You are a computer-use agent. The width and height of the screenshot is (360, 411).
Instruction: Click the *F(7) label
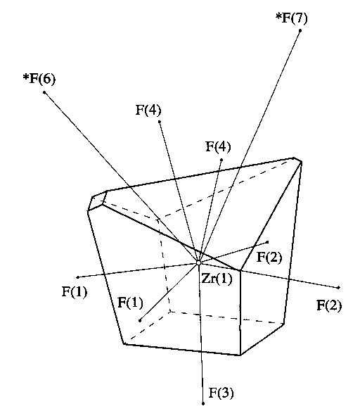tap(292, 18)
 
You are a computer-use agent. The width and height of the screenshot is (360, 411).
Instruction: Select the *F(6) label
tap(39, 79)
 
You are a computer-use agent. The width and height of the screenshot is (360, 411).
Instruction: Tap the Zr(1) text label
tap(217, 279)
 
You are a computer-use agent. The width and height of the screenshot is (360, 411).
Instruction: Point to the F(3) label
tap(221, 393)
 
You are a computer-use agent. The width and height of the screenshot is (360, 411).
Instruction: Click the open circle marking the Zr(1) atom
tap(198, 263)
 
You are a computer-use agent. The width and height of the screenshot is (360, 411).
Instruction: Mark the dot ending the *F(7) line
tap(300, 31)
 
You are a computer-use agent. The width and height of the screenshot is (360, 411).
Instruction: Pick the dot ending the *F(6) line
tap(44, 92)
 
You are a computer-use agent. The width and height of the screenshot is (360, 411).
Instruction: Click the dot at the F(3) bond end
tap(203, 404)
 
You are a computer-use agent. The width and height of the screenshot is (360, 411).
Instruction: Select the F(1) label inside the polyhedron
tap(131, 302)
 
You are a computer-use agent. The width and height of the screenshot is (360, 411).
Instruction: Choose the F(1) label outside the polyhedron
tap(75, 291)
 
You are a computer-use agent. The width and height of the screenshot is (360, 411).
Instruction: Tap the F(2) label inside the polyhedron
tap(269, 257)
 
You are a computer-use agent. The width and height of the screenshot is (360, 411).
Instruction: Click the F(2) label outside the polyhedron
tap(329, 305)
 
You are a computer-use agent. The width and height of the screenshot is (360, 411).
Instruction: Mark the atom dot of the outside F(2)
tap(339, 288)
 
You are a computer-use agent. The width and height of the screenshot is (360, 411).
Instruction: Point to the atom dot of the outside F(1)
tap(78, 277)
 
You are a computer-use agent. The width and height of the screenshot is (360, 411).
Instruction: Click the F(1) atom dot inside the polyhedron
tap(140, 320)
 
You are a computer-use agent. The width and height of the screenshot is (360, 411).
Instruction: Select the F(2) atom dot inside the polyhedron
tap(267, 242)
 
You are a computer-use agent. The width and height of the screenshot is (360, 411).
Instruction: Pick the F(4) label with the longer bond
tap(148, 110)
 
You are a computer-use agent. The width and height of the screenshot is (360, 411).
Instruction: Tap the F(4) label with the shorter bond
tap(219, 146)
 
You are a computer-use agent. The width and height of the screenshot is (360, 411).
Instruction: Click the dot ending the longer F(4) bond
tap(160, 121)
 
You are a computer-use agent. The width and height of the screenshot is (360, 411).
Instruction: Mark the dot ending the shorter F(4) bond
tap(221, 160)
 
